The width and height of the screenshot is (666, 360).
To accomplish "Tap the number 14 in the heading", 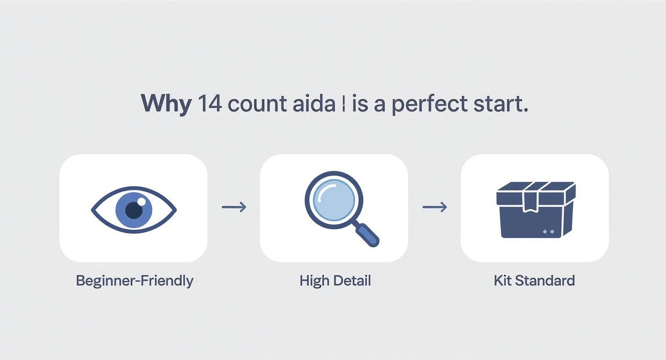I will point(209,104).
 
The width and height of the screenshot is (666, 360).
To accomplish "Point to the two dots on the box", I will point(549,232).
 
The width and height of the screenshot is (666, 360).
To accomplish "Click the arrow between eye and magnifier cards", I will point(234,207).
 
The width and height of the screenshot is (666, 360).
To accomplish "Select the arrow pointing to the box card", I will point(434,207).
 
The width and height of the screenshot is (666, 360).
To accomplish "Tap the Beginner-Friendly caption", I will point(134,281).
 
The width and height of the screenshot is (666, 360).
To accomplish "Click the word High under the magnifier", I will point(314,281).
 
